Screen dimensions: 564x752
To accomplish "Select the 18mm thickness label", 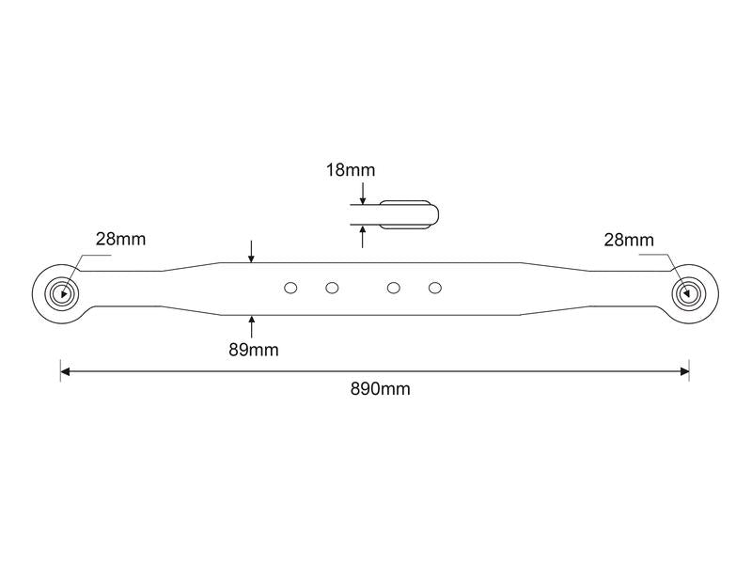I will pyautogui.click(x=351, y=170).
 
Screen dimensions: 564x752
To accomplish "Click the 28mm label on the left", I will pyautogui.click(x=120, y=239).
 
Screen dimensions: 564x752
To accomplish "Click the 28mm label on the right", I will pyautogui.click(x=628, y=240).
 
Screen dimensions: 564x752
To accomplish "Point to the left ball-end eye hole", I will pyautogui.click(x=62, y=292).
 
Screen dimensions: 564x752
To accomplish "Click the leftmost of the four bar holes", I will pyautogui.click(x=290, y=287).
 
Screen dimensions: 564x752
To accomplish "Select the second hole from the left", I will pyautogui.click(x=332, y=287).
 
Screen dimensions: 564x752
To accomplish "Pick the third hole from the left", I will pyautogui.click(x=394, y=287).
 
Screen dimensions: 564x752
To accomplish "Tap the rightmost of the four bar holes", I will pyautogui.click(x=434, y=287).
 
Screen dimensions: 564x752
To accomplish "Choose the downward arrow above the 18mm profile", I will pyautogui.click(x=362, y=196).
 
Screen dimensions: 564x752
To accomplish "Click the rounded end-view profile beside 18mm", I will pyautogui.click(x=409, y=213).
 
